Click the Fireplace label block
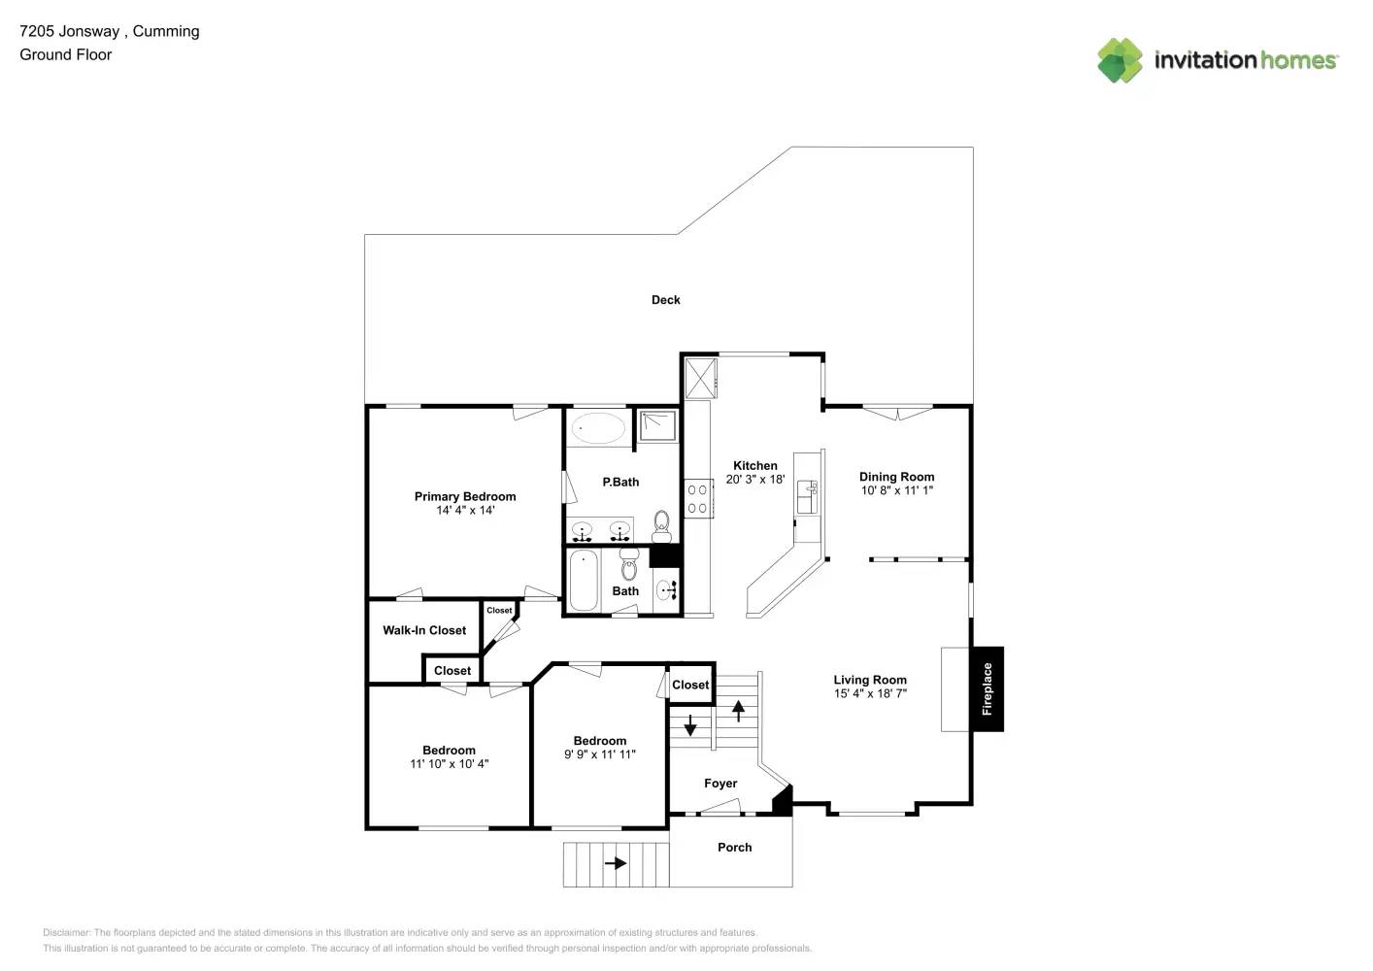click(987, 688)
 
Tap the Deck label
click(665, 300)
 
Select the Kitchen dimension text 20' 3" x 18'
click(754, 480)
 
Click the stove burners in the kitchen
click(697, 499)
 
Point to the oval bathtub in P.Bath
click(598, 428)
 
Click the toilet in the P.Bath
click(661, 526)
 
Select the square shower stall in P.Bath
click(657, 425)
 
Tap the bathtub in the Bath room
click(583, 581)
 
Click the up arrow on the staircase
click(738, 711)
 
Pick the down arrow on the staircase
click(690, 724)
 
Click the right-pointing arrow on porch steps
click(616, 862)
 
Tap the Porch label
click(734, 848)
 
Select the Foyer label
click(720, 784)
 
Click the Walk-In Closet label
click(424, 630)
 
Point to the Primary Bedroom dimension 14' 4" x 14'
click(465, 511)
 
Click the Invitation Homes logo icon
click(1120, 60)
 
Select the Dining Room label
click(896, 477)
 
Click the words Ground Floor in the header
click(66, 55)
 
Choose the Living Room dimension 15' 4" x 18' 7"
click(870, 694)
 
